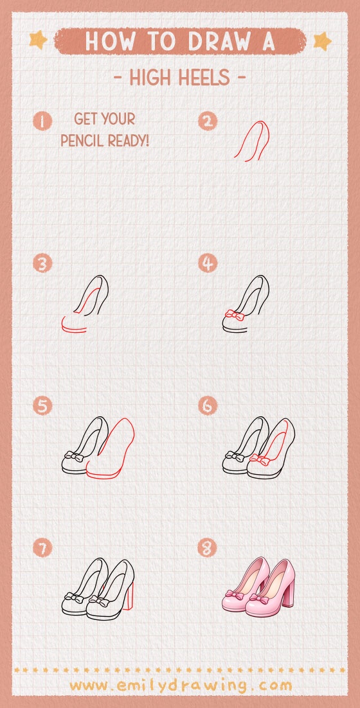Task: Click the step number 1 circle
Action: tap(42, 121)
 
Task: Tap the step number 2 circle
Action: tap(208, 121)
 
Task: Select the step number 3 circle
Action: tap(42, 263)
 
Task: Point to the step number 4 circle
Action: tap(208, 263)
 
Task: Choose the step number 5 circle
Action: tap(42, 405)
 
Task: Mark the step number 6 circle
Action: tap(208, 405)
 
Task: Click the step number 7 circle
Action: tap(42, 548)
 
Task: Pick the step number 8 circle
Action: tap(208, 548)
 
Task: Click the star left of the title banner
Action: tap(38, 40)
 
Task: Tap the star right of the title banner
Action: tap(323, 41)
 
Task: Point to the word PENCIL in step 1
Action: tap(83, 141)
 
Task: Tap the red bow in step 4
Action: tap(235, 315)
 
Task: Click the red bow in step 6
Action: tap(260, 460)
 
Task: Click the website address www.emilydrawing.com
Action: tap(181, 686)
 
